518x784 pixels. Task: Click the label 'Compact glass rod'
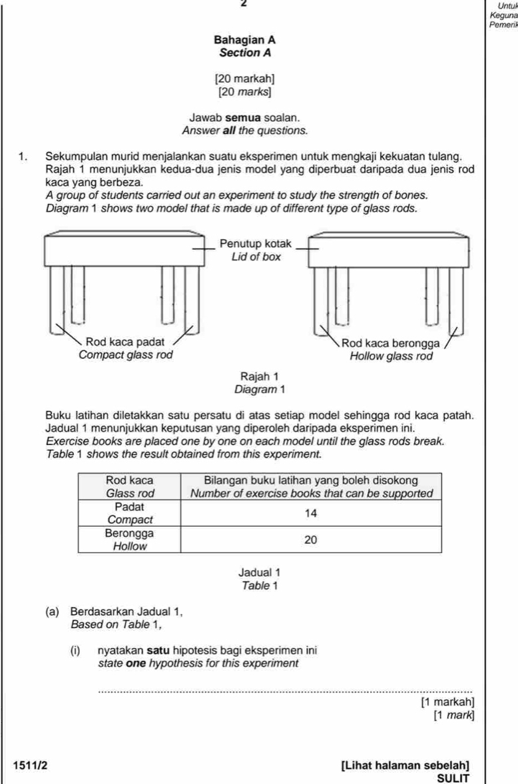click(x=126, y=354)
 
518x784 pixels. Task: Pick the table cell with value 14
click(x=310, y=514)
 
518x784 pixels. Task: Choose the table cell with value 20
click(x=310, y=540)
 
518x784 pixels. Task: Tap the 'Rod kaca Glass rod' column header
click(x=129, y=486)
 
